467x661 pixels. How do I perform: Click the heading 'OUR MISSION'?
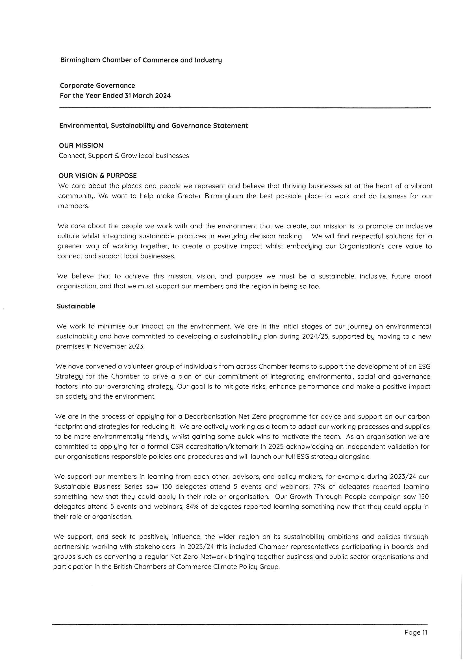pyautogui.click(x=81, y=146)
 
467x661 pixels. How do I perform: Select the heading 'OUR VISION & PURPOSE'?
pyautogui.click(x=97, y=176)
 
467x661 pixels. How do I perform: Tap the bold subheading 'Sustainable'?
pyautogui.click(x=76, y=306)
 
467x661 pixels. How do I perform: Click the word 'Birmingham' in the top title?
pyautogui.click(x=76, y=60)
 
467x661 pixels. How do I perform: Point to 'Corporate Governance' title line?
pyautogui.click(x=97, y=85)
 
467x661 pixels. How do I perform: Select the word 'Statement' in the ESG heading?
pyautogui.click(x=234, y=126)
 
